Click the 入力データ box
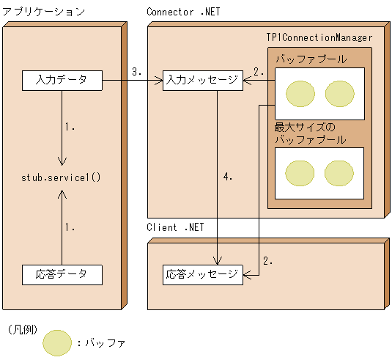62,80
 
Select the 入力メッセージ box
202,80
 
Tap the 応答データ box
62,275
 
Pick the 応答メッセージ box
202,275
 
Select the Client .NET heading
175,227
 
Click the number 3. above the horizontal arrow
136,72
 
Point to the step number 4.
227,177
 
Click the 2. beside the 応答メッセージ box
267,260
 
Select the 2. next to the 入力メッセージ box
258,72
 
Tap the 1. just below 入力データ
70,126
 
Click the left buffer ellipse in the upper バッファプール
300,93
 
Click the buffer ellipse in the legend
57,342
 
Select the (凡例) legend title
21,329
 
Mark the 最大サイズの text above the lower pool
304,127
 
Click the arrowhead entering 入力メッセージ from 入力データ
158,80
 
